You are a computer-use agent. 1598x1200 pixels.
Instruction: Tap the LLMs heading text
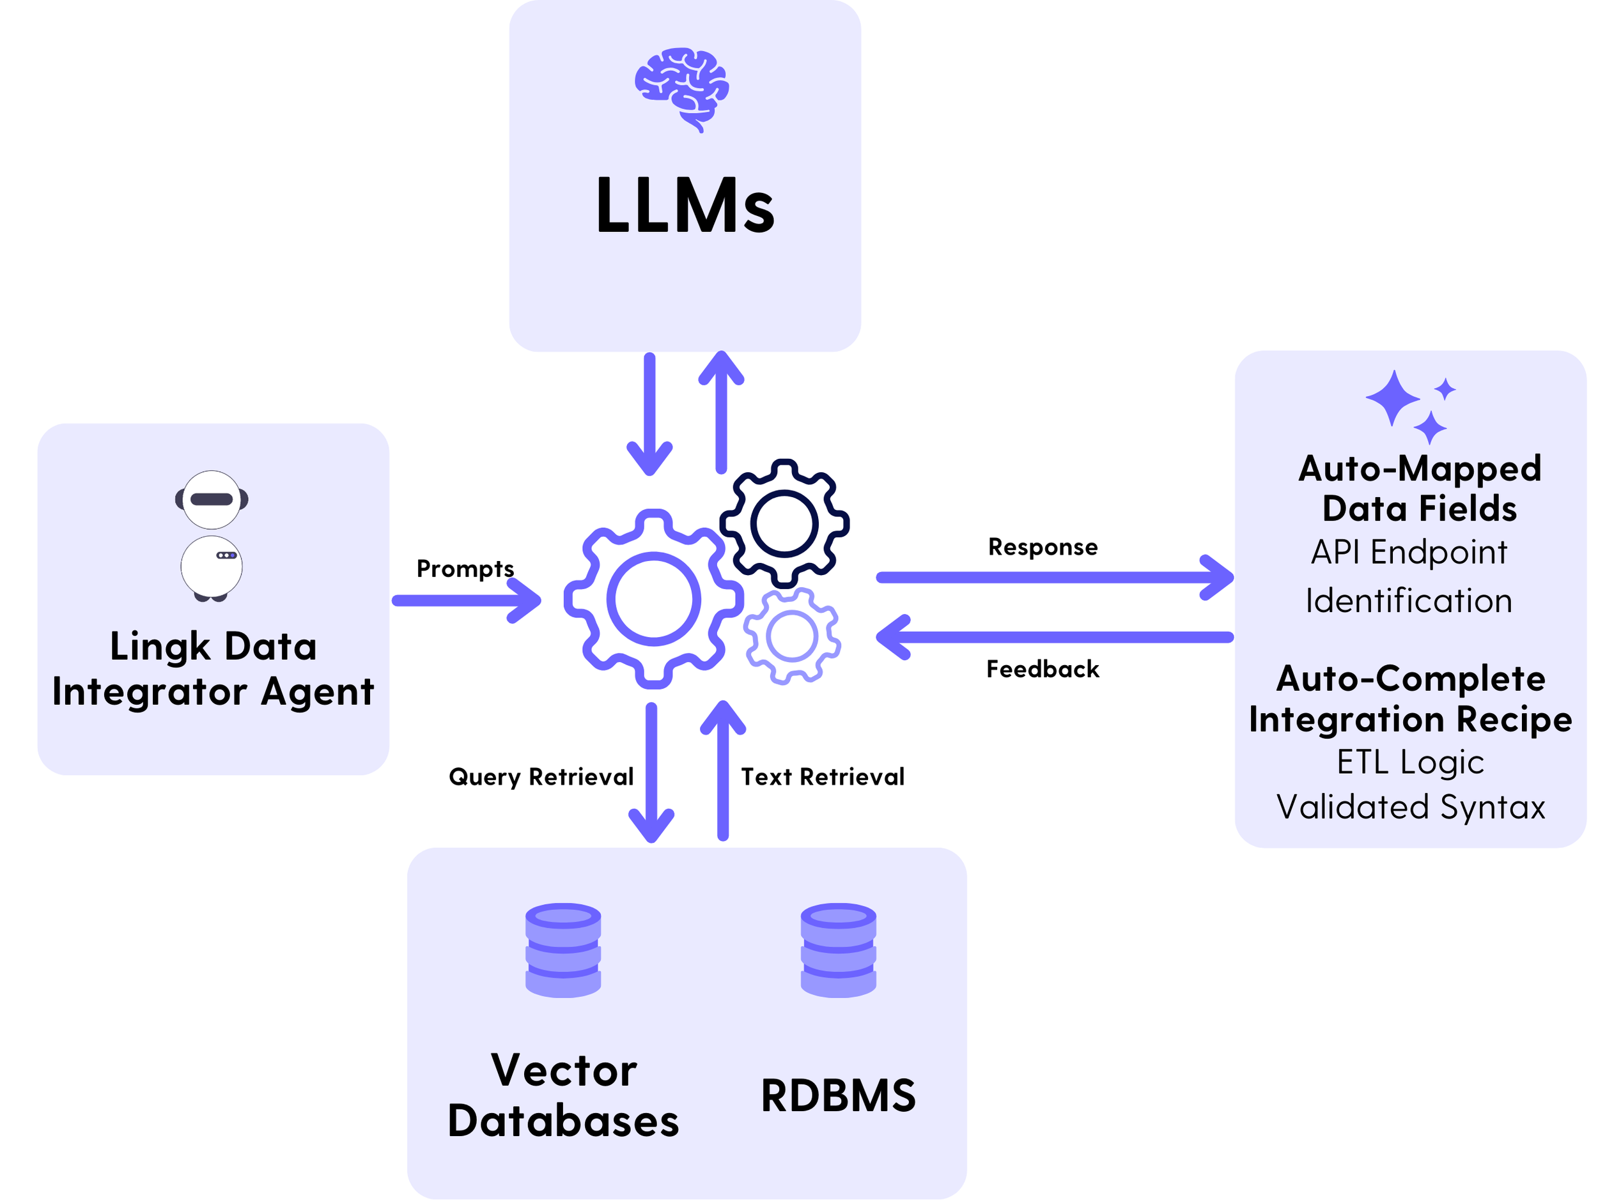[684, 206]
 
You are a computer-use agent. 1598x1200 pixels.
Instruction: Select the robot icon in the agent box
[212, 535]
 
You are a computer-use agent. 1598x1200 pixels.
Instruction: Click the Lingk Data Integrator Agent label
[213, 668]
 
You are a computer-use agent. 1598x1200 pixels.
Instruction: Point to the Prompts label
[465, 568]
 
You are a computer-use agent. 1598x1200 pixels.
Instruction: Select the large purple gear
[653, 599]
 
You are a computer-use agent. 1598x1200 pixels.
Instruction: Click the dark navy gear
[784, 523]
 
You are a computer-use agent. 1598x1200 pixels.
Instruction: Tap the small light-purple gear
[792, 636]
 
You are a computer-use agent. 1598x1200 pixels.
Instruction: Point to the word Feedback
[1043, 669]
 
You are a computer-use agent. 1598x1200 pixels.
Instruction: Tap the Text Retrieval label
[822, 777]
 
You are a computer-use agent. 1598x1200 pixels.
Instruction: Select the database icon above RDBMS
[838, 950]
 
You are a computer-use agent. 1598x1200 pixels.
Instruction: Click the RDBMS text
[838, 1096]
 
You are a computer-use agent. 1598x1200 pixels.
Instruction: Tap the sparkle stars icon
[1409, 406]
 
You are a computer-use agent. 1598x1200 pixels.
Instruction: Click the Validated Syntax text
[1410, 807]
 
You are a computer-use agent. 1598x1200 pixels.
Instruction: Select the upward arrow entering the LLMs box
[721, 412]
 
